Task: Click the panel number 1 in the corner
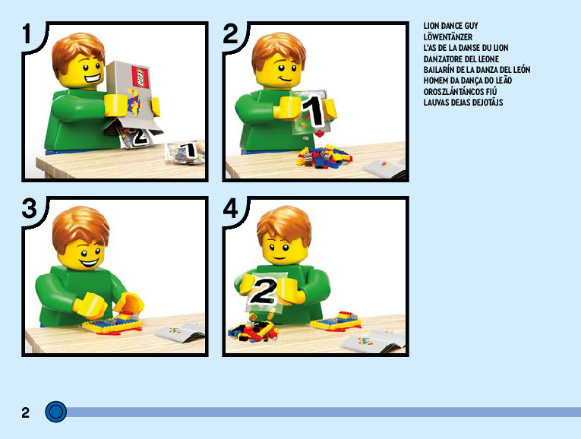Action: click(27, 33)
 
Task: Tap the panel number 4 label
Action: click(230, 209)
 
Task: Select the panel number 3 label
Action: click(30, 208)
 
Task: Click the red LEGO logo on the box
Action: click(141, 77)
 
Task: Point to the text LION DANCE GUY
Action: click(450, 26)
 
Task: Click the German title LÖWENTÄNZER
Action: click(448, 37)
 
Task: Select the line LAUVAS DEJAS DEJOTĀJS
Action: click(463, 103)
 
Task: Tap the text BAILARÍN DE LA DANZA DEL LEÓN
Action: click(477, 70)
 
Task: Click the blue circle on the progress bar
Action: click(56, 412)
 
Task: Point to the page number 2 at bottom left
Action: click(25, 412)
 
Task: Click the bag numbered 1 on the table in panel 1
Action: click(185, 152)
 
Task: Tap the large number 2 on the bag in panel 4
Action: click(263, 291)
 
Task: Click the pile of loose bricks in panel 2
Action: click(324, 156)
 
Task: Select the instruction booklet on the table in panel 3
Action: click(181, 331)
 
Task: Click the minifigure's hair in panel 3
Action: click(81, 228)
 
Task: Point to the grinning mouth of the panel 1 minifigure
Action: click(93, 79)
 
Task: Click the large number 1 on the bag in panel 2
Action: click(313, 110)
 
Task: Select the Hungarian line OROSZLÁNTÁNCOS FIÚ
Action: click(460, 91)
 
